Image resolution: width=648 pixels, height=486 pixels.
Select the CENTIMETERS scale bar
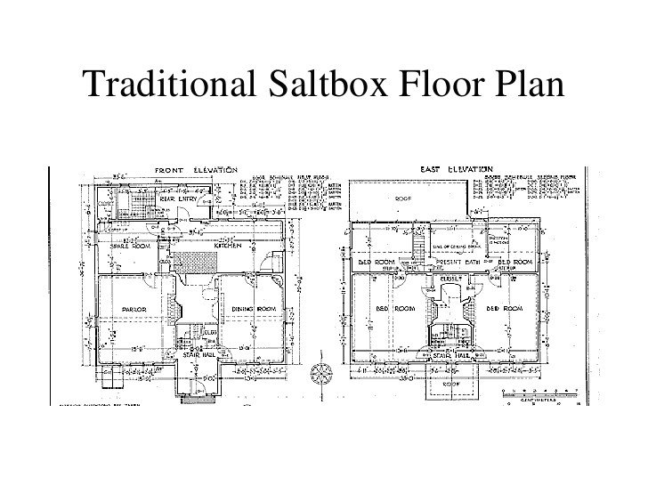point(545,393)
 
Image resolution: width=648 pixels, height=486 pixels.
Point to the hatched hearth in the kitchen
point(189,263)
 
